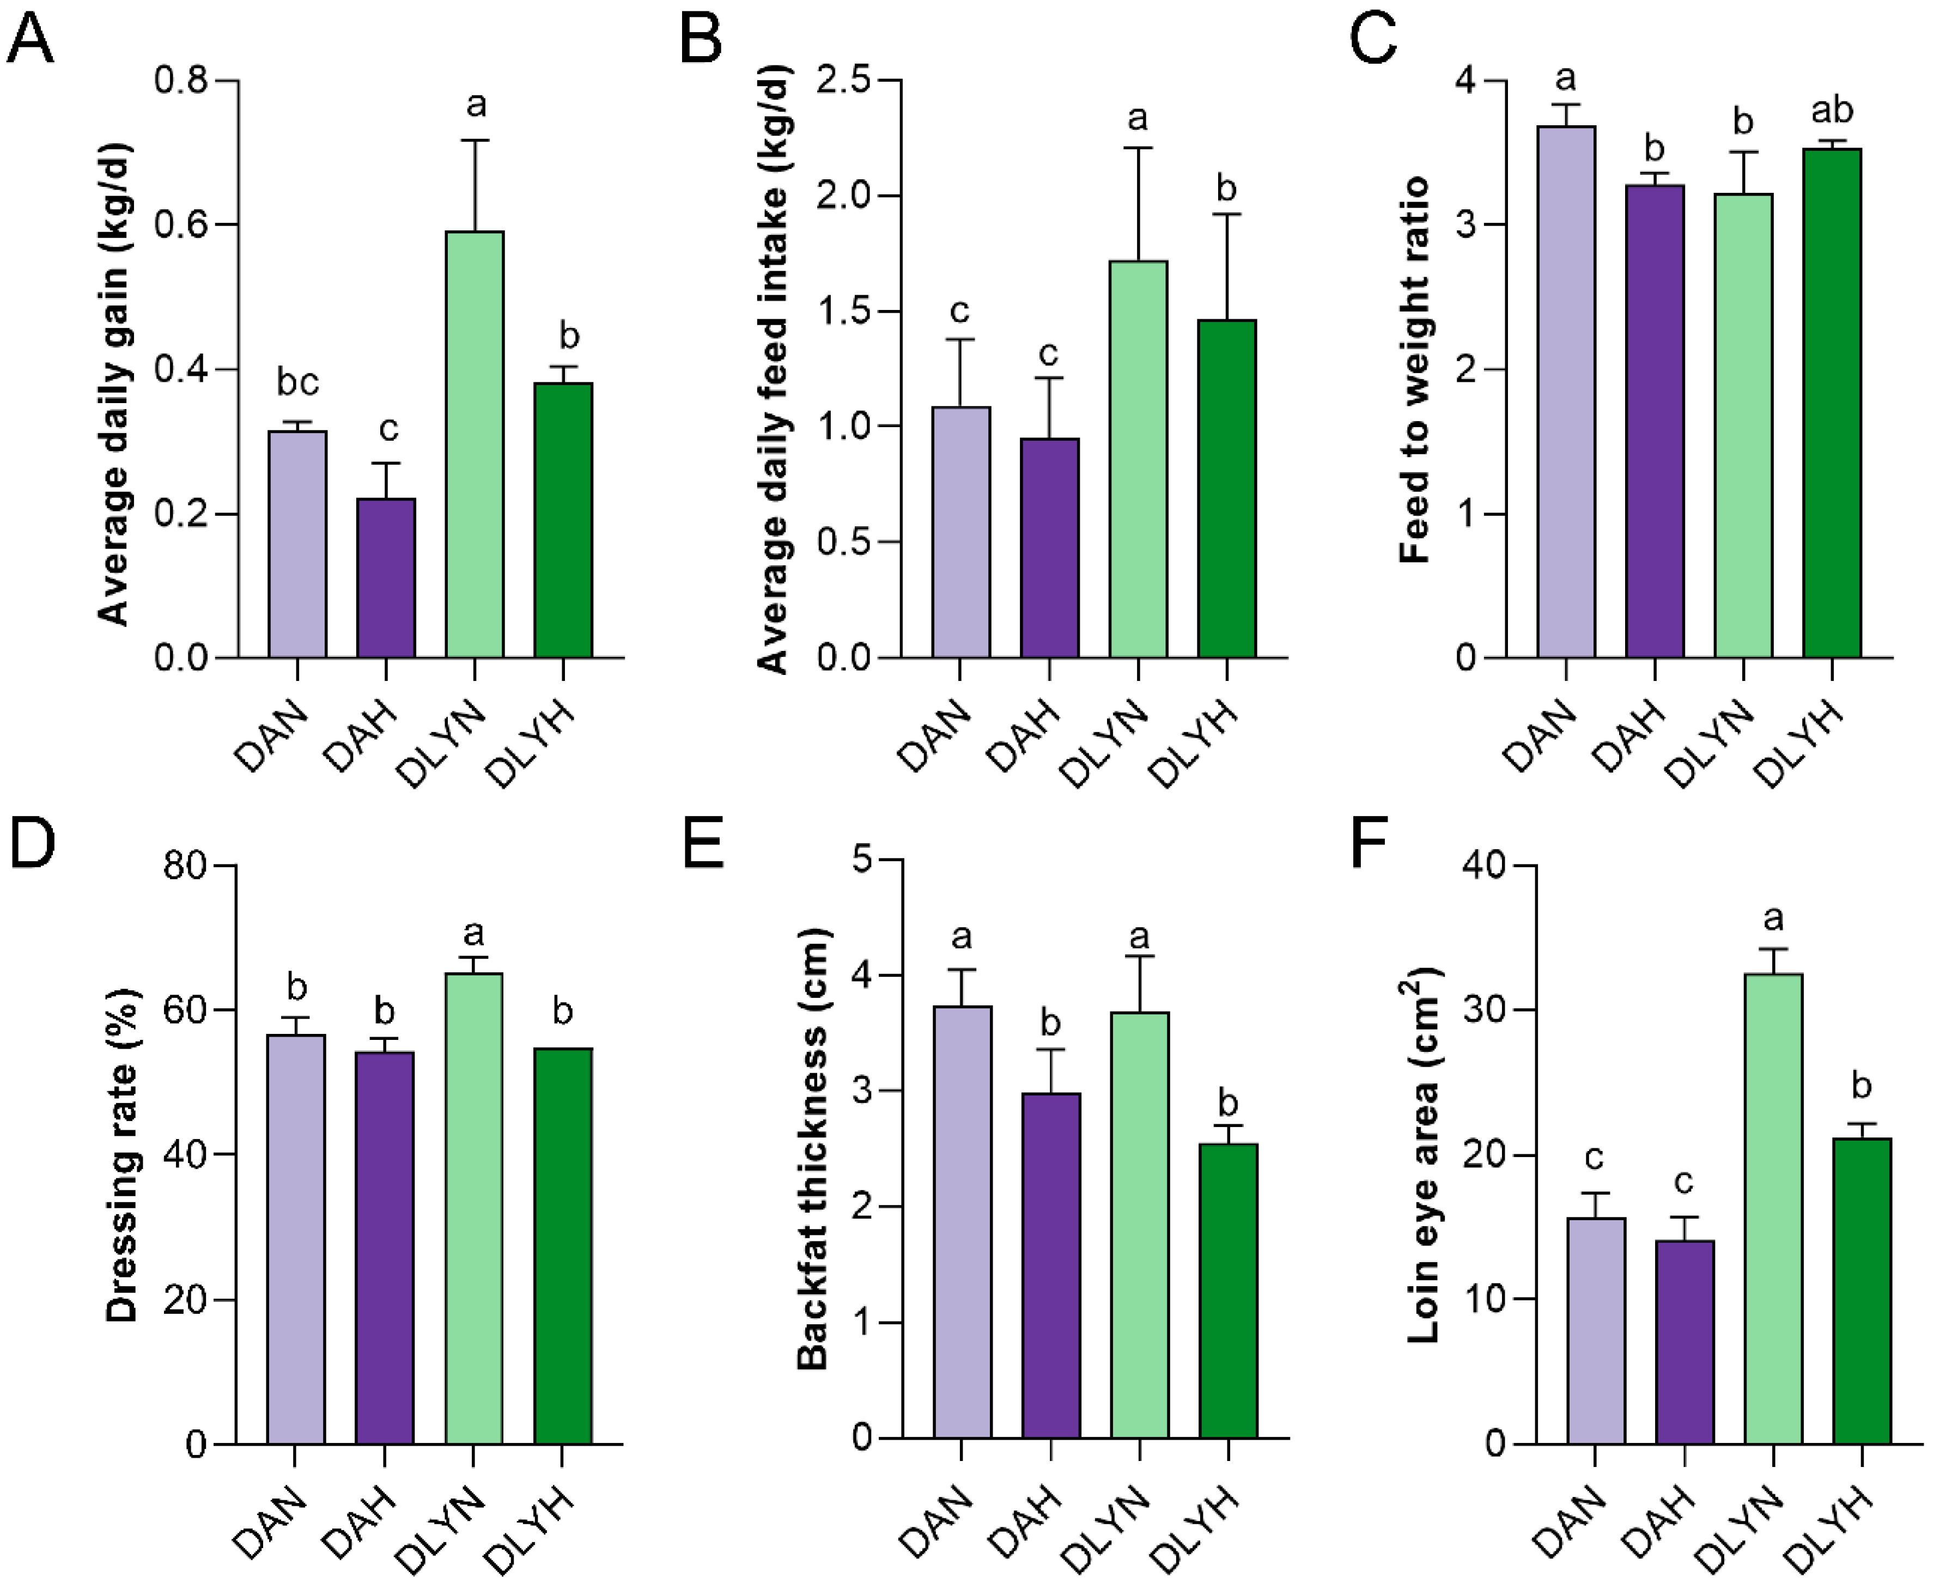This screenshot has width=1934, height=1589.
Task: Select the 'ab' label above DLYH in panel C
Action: [x=1833, y=110]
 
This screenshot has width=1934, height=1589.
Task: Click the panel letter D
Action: [x=32, y=843]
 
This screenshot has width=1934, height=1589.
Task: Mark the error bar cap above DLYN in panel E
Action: [x=1140, y=957]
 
